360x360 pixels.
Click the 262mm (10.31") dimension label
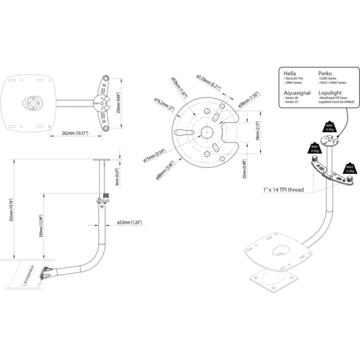pos(76,133)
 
